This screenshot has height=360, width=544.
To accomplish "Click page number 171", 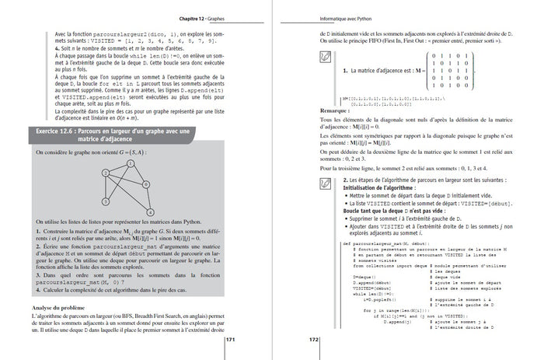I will [x=231, y=340].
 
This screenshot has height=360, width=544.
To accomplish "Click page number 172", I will [x=315, y=340].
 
